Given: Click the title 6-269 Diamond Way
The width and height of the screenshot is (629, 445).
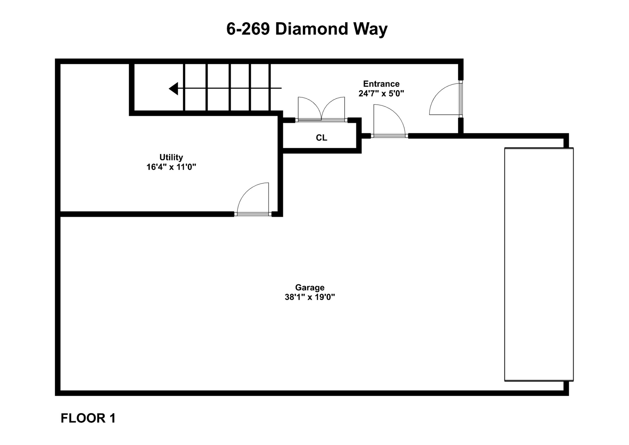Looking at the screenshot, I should [x=307, y=29].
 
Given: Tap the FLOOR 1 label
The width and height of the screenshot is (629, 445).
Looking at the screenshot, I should [x=88, y=418].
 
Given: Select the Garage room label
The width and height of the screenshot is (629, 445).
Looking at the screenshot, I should [x=310, y=287].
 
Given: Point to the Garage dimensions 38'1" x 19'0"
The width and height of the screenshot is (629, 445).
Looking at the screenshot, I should [x=310, y=297].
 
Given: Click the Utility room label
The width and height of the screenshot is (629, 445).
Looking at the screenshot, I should [x=171, y=157].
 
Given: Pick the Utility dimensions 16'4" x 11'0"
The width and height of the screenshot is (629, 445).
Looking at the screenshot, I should [x=171, y=167].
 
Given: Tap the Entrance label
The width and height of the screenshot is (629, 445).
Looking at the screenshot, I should [x=381, y=84].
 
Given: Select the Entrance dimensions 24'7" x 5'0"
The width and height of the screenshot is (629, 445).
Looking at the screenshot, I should [x=381, y=94].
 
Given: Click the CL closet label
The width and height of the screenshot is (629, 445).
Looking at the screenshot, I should [x=321, y=138].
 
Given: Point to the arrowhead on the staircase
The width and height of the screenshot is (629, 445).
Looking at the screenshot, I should [x=174, y=88].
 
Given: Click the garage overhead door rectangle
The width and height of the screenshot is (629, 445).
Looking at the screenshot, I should [x=539, y=264].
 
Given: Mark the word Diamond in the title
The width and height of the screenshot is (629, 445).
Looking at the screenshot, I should [x=311, y=29].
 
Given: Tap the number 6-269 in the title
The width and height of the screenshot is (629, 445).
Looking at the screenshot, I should [x=248, y=29].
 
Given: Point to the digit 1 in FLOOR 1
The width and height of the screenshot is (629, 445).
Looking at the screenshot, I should [x=113, y=418].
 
